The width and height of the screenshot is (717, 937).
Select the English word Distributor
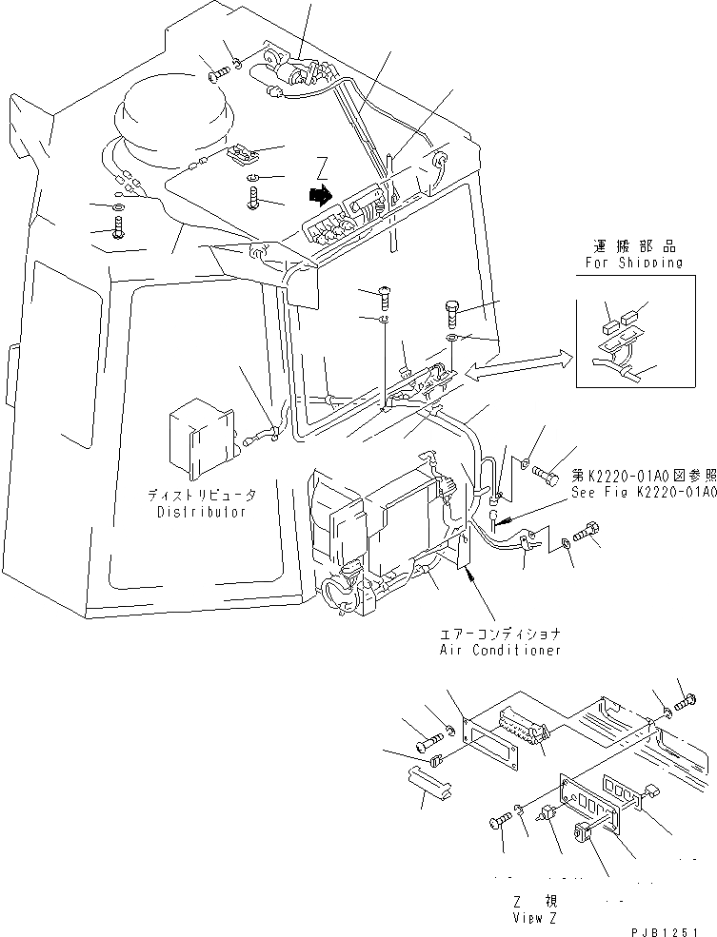[x=201, y=512]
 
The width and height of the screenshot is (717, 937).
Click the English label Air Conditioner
[x=500, y=650]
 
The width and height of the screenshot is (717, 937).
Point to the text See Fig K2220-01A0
[x=644, y=491]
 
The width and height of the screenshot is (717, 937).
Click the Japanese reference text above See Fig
[x=644, y=475]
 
